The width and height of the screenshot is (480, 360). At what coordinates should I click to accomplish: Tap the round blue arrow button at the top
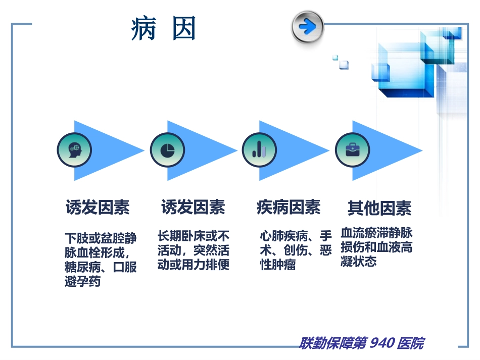tap(307, 26)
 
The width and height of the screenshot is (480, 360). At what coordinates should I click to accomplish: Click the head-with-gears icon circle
tap(74, 150)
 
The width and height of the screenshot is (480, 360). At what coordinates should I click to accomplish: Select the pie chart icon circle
tap(167, 150)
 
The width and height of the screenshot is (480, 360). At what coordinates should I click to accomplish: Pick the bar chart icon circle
tap(259, 150)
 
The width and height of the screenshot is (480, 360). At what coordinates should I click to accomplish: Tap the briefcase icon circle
tap(352, 150)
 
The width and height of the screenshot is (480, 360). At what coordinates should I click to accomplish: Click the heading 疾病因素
tap(289, 207)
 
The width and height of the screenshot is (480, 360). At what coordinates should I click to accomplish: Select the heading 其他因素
tap(379, 208)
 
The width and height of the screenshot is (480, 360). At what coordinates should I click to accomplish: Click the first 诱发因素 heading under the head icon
tap(98, 207)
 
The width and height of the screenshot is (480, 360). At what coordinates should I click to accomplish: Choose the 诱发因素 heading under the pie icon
tap(193, 207)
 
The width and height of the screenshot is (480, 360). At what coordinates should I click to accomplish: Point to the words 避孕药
tap(83, 282)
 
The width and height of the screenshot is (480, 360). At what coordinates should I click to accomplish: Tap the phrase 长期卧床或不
tap(194, 236)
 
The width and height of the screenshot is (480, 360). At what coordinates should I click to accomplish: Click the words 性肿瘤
tap(278, 265)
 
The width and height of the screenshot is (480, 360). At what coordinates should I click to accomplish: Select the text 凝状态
tap(359, 262)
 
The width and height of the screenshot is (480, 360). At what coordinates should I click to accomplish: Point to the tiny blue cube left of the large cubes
tap(344, 64)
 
